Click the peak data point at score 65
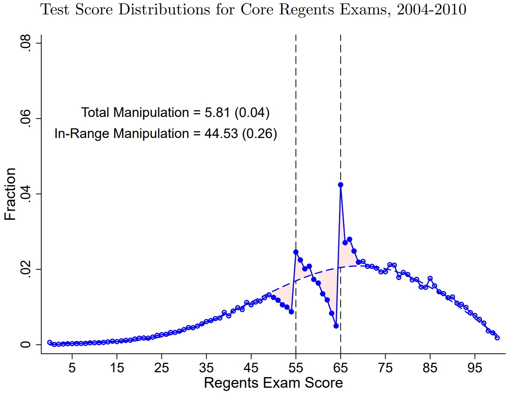click(x=341, y=185)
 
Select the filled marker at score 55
click(x=296, y=252)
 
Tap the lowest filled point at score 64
click(x=336, y=326)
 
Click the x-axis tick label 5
click(x=72, y=368)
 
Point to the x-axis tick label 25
click(x=161, y=368)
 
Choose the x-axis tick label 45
click(x=251, y=368)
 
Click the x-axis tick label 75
click(x=385, y=368)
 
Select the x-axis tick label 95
click(x=475, y=368)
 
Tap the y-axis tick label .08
click(x=25, y=43)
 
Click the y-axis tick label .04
click(x=25, y=194)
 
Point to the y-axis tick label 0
click(x=25, y=345)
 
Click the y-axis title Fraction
click(x=10, y=194)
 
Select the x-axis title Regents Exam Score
click(x=273, y=383)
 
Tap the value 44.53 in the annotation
click(x=221, y=134)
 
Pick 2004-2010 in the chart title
click(x=431, y=10)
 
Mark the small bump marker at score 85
click(x=430, y=279)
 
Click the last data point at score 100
click(x=497, y=338)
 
